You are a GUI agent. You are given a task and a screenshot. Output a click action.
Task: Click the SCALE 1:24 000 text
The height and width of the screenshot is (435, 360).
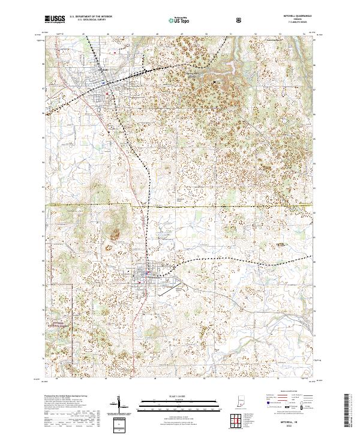(179, 395)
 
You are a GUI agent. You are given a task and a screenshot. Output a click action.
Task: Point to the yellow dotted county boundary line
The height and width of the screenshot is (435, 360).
(180, 206)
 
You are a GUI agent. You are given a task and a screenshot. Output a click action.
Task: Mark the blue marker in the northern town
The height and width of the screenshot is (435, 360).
(109, 94)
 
